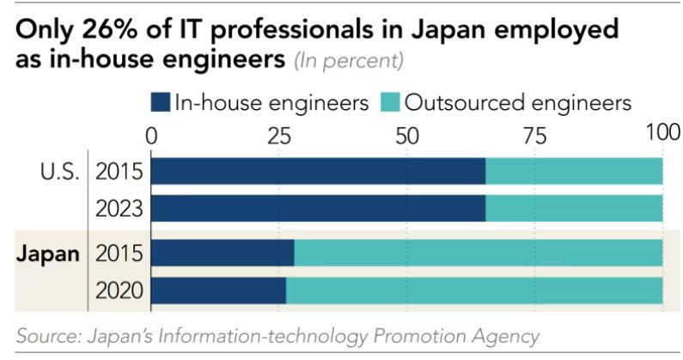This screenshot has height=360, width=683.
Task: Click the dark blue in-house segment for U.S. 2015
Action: (319, 172)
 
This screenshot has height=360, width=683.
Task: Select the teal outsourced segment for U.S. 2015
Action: (574, 172)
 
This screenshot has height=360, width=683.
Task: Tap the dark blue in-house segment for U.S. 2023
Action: (319, 209)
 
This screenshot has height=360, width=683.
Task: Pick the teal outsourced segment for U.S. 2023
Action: (574, 209)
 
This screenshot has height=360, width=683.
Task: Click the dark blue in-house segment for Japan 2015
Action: (223, 253)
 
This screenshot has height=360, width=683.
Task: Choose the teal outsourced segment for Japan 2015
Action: (479, 253)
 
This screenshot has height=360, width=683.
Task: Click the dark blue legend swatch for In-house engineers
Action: (160, 103)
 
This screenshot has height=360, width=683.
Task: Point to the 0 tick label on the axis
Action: (153, 135)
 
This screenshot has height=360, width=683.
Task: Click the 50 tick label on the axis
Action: (406, 135)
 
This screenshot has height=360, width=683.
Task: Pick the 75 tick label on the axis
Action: (534, 135)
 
